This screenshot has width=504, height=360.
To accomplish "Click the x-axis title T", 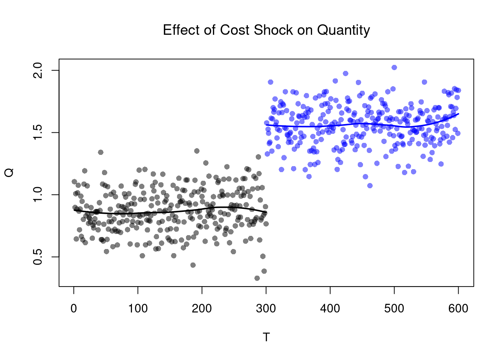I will tap(266, 337).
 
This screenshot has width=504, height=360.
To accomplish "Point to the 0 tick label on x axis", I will tap(74, 309).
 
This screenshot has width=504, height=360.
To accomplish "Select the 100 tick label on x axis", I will tap(138, 309).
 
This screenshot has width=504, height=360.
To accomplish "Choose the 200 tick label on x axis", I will tap(202, 309).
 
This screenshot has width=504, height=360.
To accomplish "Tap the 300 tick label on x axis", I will tap(266, 309).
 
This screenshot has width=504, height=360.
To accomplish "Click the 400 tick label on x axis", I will tap(330, 309).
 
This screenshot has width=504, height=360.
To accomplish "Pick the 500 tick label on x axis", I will tap(394, 309).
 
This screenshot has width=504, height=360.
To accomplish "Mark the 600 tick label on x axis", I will tap(458, 309).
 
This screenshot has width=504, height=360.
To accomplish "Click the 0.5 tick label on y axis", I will tap(38, 257).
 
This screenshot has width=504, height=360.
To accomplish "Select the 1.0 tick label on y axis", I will tap(38, 195).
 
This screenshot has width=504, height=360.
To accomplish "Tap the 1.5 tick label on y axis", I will tap(38, 132).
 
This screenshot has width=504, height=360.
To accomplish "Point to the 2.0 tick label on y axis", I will tap(38, 70).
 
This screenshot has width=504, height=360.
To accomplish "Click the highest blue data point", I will tap(394, 67).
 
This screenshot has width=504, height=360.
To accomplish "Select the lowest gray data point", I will tap(257, 278).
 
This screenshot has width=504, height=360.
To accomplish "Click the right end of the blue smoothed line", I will tap(458, 114).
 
